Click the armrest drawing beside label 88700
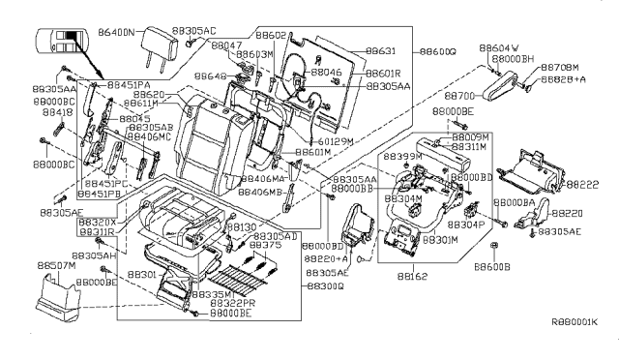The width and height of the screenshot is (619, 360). (x=505, y=93)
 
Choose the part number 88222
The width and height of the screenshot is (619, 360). (x=582, y=184)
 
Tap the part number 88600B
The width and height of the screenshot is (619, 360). (x=493, y=263)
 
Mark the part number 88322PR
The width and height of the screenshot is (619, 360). (x=232, y=304)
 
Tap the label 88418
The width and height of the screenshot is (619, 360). (x=54, y=112)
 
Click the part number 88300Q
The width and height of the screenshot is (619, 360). (x=325, y=286)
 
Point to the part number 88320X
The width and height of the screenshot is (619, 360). (x=97, y=222)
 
